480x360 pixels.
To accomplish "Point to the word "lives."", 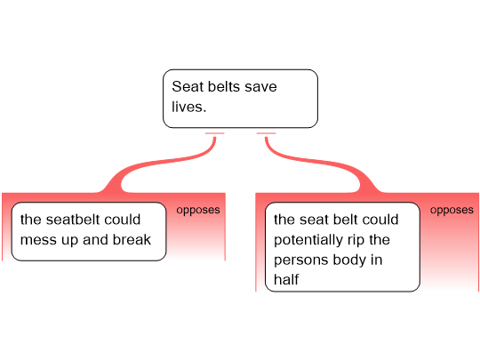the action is pyautogui.click(x=188, y=107).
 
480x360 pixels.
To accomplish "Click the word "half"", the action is pyautogui.click(x=286, y=280).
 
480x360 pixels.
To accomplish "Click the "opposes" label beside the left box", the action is pyautogui.click(x=198, y=211).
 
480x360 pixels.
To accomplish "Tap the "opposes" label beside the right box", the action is pyautogui.click(x=452, y=211).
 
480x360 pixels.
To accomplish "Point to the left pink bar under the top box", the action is pyautogui.click(x=214, y=133).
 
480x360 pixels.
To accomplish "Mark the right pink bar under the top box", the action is pyautogui.click(x=266, y=133).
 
